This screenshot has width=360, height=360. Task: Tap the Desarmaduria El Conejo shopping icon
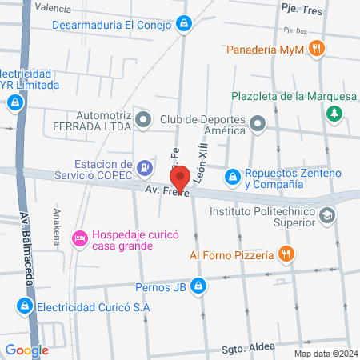point(185,24)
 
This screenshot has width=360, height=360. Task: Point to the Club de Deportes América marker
point(258,123)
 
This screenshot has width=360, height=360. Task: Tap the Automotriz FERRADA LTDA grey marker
point(143,120)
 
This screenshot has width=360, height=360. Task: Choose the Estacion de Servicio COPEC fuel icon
point(145,168)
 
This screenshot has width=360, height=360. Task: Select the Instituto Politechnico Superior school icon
point(326,216)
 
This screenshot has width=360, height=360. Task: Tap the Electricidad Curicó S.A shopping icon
point(25,306)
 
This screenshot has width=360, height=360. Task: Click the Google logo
point(26,350)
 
